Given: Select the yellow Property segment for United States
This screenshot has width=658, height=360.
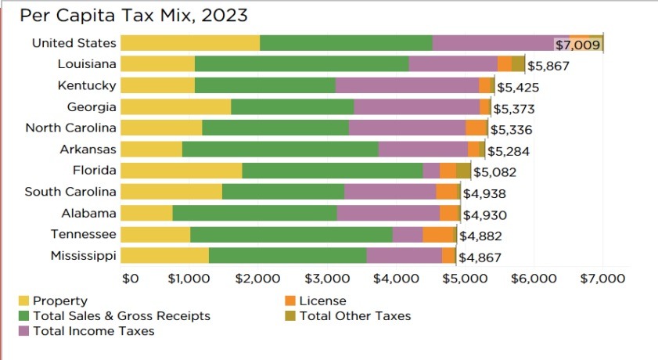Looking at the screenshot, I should click(x=190, y=44).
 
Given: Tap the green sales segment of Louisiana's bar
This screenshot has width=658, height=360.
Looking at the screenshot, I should click(x=301, y=65).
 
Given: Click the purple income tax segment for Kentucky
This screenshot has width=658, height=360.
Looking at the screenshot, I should click(x=407, y=86).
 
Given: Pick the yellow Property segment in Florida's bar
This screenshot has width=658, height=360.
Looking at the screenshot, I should click(x=182, y=171).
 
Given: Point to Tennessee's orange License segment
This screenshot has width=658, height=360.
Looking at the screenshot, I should click(x=438, y=234).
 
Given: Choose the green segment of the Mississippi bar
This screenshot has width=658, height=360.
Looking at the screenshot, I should click(x=287, y=255).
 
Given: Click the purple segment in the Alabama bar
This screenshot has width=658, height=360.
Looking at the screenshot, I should click(x=388, y=213).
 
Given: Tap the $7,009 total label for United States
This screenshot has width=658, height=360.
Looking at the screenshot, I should click(x=577, y=45).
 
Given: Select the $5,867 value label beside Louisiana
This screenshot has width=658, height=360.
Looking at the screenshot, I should click(x=548, y=67).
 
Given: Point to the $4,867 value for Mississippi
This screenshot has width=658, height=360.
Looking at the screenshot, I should click(x=480, y=257).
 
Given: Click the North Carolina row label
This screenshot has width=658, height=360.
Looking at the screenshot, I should click(x=70, y=128).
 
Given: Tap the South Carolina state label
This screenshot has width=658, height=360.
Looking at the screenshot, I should click(x=70, y=192).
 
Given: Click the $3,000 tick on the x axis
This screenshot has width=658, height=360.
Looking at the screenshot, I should click(x=328, y=278).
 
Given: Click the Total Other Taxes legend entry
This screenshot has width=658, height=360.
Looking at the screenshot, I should click(x=354, y=316).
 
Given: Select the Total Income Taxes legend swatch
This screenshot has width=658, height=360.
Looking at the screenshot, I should click(x=23, y=331).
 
